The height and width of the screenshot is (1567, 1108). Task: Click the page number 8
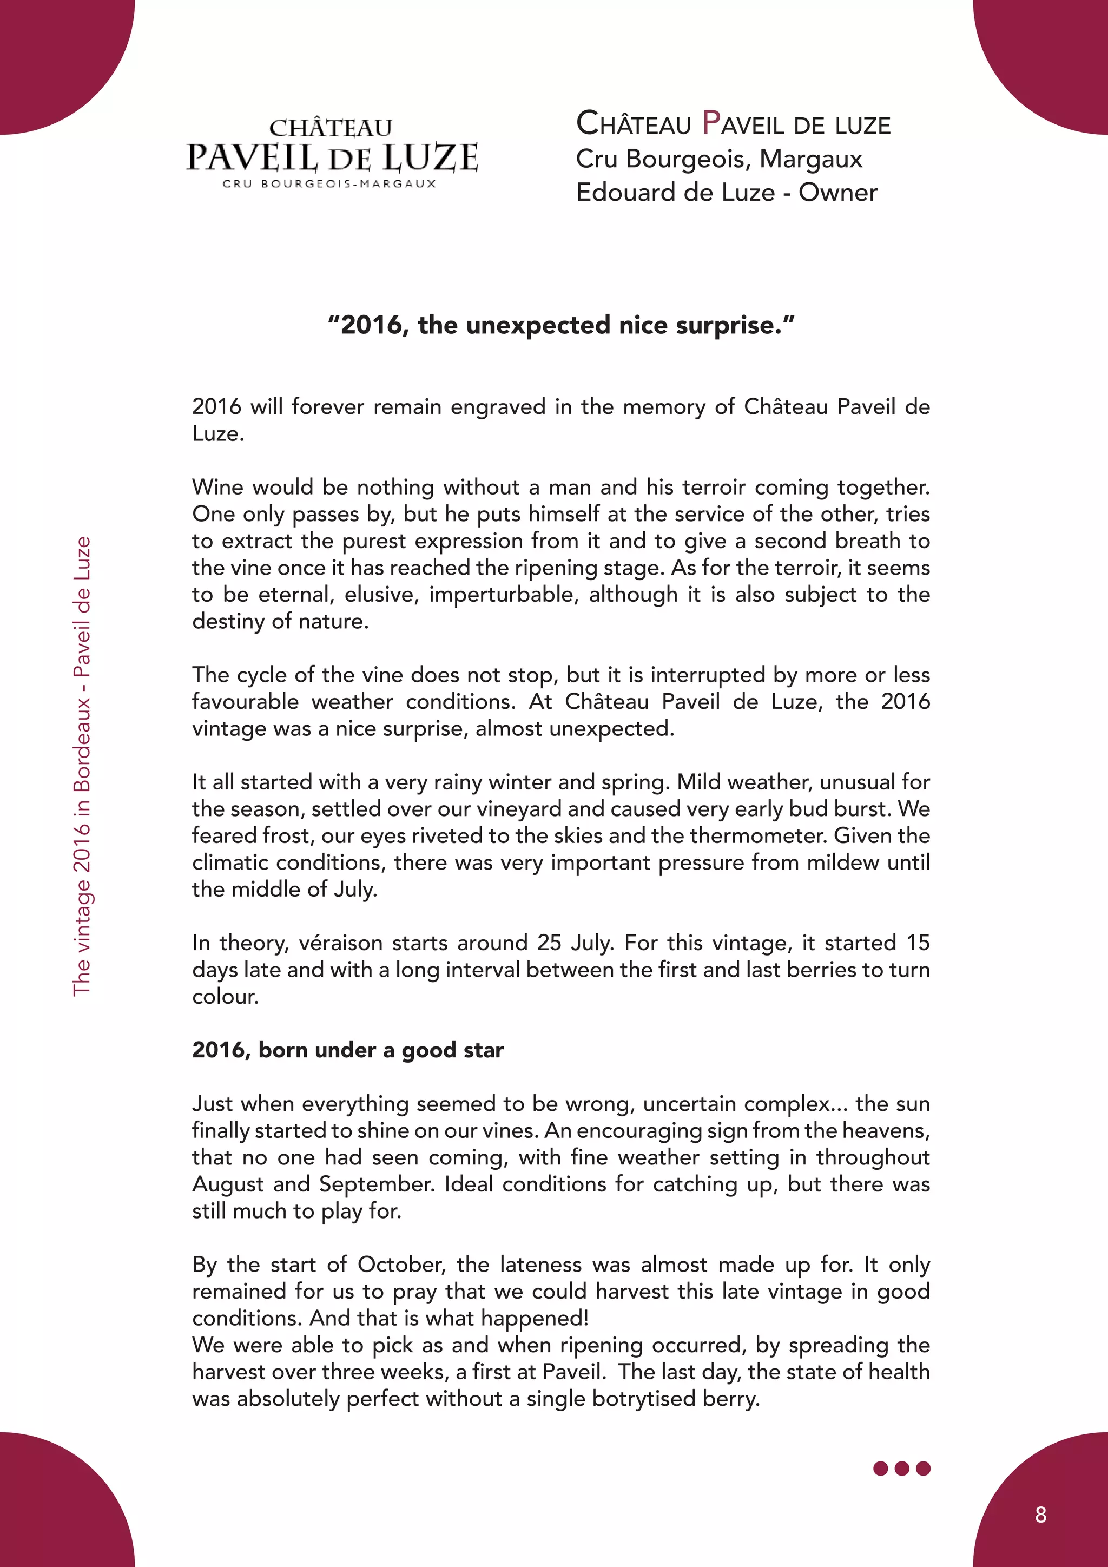[1040, 1515]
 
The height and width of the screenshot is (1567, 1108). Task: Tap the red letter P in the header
[711, 123]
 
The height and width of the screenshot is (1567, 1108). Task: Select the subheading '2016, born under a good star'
[348, 1050]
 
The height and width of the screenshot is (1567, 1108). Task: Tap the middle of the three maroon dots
[901, 1468]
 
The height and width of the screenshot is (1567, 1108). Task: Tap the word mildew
[841, 862]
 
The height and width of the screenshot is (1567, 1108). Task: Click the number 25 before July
[549, 943]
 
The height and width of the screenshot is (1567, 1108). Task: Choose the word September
[376, 1183]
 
